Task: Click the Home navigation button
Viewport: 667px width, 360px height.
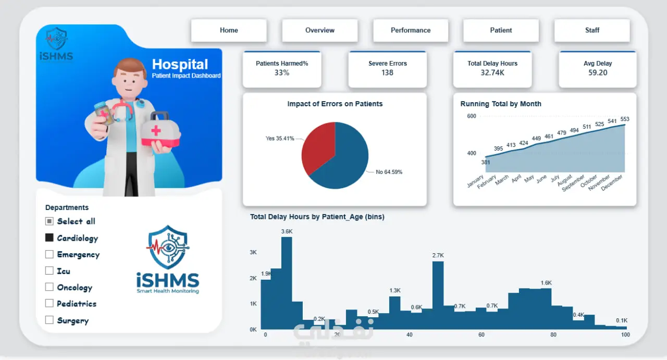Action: [229, 30]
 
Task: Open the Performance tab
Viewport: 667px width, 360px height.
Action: [411, 30]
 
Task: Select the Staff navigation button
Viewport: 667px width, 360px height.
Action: [592, 30]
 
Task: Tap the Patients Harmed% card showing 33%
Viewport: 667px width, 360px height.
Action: [282, 69]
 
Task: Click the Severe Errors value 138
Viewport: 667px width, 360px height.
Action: [387, 72]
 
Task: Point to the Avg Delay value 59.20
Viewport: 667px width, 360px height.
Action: [598, 72]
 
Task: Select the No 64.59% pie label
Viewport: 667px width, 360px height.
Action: [389, 172]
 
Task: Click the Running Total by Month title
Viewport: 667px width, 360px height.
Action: [501, 104]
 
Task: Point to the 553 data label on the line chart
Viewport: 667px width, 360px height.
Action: [625, 119]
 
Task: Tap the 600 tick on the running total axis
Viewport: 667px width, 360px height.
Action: [472, 116]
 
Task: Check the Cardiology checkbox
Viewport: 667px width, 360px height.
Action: [49, 238]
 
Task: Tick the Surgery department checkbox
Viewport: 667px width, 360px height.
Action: [49, 320]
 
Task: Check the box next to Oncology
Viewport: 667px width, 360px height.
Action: [49, 287]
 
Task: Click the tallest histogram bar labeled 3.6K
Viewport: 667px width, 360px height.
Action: [287, 283]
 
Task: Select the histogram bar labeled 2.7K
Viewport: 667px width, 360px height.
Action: [438, 295]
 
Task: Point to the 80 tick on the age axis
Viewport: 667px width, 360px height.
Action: [553, 334]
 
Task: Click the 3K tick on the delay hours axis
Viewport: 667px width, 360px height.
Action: [253, 253]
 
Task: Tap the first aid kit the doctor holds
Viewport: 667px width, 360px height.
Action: [160, 130]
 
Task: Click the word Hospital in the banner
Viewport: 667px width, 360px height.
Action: [180, 64]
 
